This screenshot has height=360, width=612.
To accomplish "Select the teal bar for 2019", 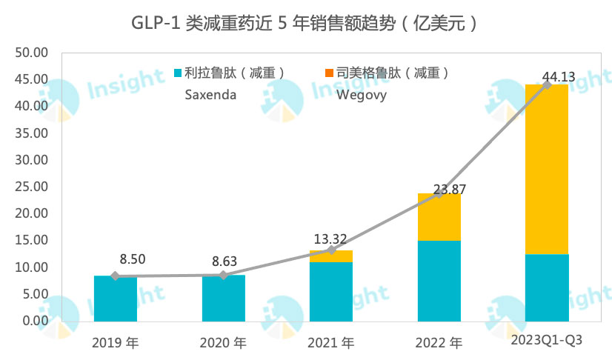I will coord(115,298).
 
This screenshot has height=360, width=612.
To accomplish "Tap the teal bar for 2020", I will coord(223,298).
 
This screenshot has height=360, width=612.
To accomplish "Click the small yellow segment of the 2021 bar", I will coord(331,256).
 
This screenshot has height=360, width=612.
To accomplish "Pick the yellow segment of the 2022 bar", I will coord(439,217).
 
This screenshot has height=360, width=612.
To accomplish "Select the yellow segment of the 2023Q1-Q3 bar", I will coord(547,169).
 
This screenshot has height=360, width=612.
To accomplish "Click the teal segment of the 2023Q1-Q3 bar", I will coord(547,287).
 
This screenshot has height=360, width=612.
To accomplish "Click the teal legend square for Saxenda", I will coord(178,73).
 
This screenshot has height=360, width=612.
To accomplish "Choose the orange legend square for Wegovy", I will coord(330,73).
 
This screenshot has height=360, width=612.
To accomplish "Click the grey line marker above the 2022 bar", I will coord(439,193).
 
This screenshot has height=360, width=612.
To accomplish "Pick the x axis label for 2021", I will coord(331,343).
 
